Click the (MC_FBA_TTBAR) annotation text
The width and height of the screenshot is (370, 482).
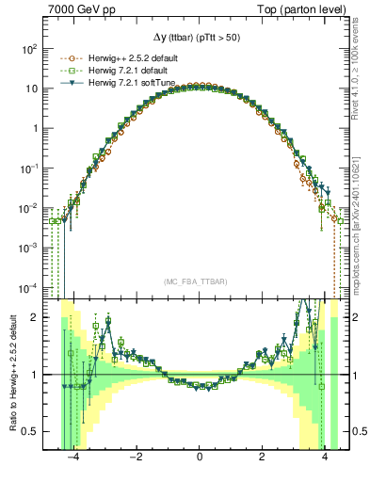(199, 281)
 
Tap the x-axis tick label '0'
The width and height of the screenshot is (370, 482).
(200, 458)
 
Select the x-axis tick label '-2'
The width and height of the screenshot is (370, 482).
(136, 458)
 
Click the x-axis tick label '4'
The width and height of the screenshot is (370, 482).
(325, 458)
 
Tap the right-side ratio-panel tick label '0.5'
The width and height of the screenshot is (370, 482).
(359, 432)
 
